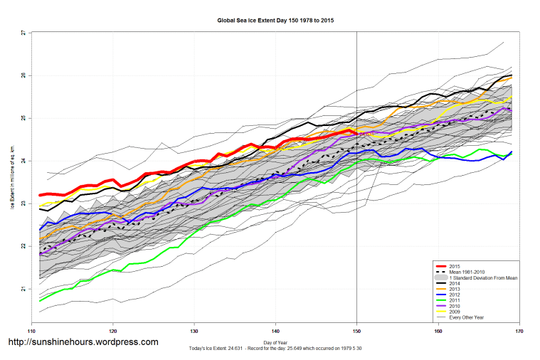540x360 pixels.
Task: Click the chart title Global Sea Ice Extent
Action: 275,21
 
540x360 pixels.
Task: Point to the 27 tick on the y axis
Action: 24,33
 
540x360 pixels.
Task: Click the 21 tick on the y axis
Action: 24,289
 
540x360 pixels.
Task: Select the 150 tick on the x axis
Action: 356,331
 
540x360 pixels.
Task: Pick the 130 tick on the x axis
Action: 194,331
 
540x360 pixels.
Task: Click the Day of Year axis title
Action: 275,342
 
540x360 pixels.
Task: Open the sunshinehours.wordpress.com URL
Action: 83,342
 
